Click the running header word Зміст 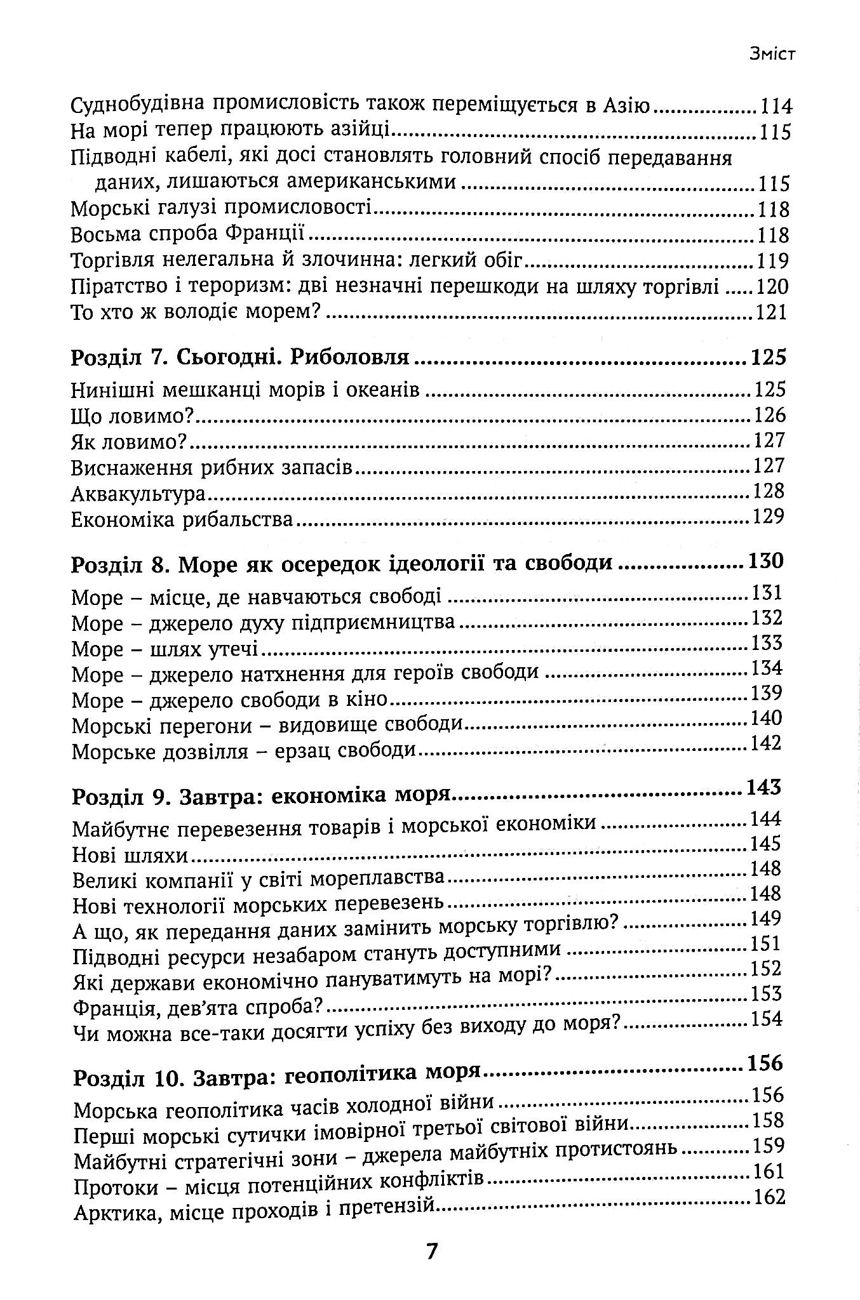click(772, 55)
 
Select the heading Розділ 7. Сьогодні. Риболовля click(240, 359)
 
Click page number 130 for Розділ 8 click(767, 561)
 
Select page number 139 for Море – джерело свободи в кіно click(766, 693)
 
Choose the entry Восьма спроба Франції click(188, 235)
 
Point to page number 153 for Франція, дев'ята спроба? click(766, 993)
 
